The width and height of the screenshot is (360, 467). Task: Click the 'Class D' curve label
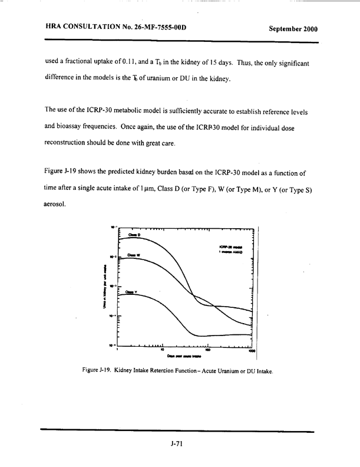click(x=133, y=235)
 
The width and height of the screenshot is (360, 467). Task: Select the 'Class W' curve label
click(x=133, y=255)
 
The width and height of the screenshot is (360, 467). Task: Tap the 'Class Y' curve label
click(x=132, y=291)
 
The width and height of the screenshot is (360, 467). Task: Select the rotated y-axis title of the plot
click(x=105, y=288)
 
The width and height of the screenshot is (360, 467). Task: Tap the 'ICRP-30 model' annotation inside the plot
click(x=227, y=246)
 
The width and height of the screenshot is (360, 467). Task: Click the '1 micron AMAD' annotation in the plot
click(x=229, y=251)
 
